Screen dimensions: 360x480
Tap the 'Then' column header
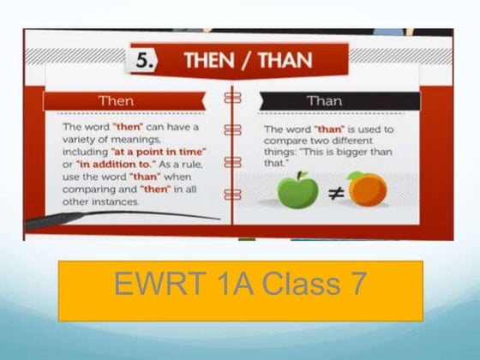117,101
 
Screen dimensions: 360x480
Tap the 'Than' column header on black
324,101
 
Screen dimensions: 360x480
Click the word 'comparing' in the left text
90,189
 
